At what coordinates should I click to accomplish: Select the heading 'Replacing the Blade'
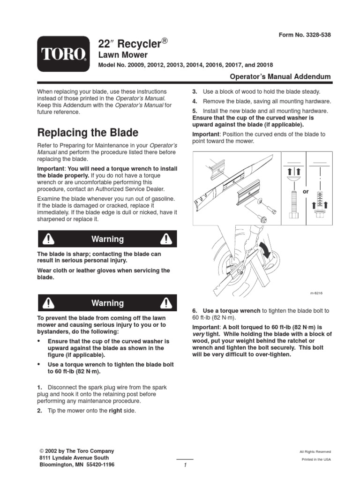coord(88,132)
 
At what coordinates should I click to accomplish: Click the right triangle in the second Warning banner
coord(165,303)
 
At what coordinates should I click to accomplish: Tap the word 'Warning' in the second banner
coord(107,303)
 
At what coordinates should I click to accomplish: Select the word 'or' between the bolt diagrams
coord(306,191)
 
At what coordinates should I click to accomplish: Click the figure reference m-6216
coord(317,293)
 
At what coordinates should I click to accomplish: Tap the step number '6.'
coord(195,311)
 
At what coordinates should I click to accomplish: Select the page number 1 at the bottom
coord(186,465)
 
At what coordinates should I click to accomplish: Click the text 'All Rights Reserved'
coord(315,451)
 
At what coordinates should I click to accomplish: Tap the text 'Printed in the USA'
coord(316,459)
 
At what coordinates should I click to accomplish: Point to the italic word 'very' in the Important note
coord(200,334)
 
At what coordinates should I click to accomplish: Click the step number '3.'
coord(195,91)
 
